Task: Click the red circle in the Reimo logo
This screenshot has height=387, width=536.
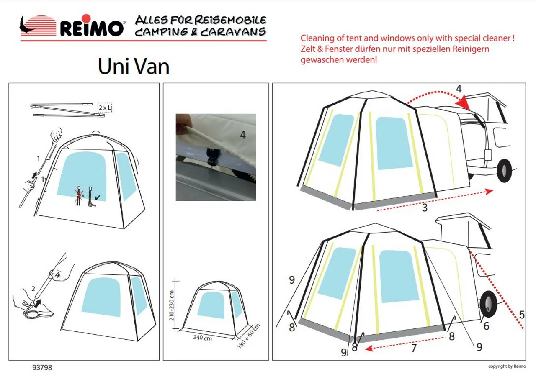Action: (x=86, y=18)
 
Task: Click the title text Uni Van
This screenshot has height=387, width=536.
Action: (x=134, y=66)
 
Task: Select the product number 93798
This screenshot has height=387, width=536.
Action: (x=42, y=368)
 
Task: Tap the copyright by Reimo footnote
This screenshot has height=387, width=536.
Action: (x=507, y=366)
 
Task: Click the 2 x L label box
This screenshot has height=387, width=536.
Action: (x=105, y=108)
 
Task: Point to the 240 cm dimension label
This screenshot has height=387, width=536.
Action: (x=202, y=338)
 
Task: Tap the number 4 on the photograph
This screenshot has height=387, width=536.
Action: (x=243, y=135)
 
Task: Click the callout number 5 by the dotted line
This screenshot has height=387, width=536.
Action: (x=521, y=314)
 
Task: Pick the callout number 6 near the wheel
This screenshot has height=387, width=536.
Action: (x=486, y=325)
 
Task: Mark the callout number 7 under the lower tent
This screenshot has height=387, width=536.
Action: (x=414, y=348)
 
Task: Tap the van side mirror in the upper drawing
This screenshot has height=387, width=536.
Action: (x=487, y=154)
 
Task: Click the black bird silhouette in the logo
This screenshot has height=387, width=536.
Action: (x=28, y=26)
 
